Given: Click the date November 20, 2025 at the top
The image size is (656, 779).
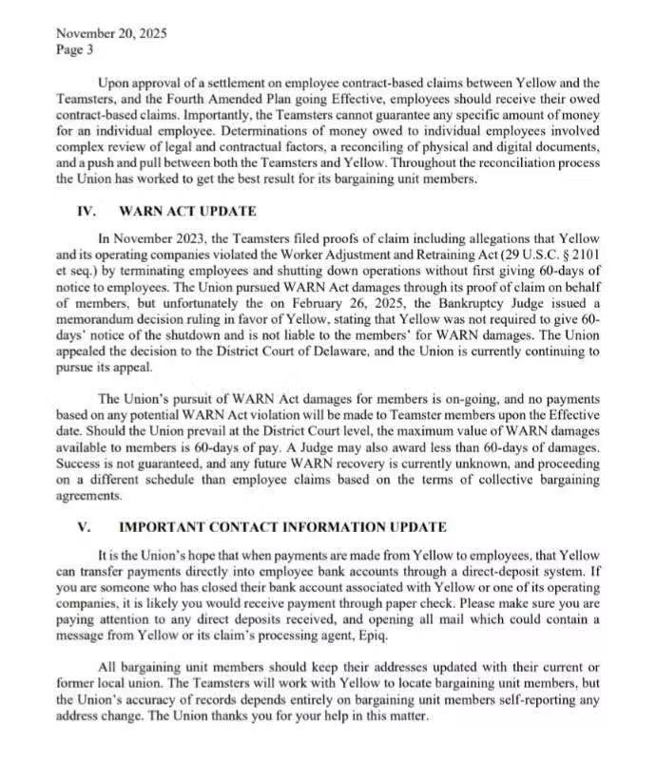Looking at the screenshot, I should (111, 33).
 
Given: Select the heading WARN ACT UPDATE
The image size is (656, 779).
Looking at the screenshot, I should (187, 212).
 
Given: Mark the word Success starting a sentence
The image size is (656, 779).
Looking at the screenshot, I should (83, 465).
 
